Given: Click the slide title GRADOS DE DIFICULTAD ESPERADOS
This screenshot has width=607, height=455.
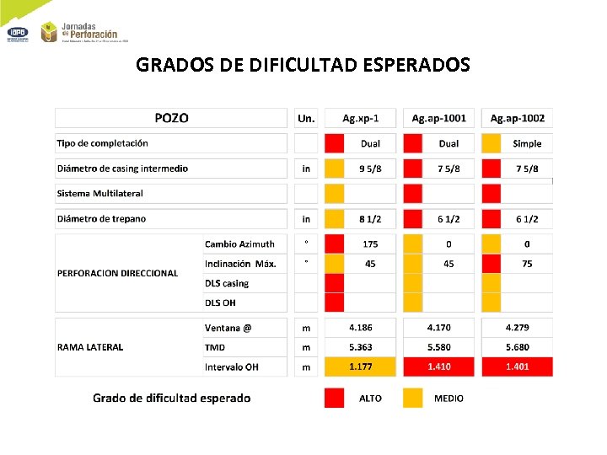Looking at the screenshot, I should point(303,65).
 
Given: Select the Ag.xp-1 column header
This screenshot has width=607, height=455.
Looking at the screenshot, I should point(359,119).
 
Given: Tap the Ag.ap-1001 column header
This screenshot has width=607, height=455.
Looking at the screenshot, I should point(438,119).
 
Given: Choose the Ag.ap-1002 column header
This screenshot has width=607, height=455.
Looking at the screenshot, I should point(518,119).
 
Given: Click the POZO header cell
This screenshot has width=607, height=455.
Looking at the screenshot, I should point(171,119).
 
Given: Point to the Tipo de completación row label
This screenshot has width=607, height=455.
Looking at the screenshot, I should point(102,143).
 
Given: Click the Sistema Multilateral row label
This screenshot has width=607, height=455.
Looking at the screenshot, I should point(99,193).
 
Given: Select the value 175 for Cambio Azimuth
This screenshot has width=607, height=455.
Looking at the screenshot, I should point(370,244).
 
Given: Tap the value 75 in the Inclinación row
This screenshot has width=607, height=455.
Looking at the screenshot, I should point(527,264).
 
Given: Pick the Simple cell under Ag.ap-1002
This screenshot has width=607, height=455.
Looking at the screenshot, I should point(527,144).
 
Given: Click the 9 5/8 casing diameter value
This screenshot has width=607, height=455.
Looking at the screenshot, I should point(370,169).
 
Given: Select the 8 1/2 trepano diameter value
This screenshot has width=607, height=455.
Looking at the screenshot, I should point(370,219).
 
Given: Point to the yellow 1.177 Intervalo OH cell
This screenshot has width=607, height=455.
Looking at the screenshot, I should point(360,367).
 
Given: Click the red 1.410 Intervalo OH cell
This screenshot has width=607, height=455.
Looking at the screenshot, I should point(438,367).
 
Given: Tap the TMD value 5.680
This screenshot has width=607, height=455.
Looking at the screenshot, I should point(518,347).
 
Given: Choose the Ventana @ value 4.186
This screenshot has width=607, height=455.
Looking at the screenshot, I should point(360,327).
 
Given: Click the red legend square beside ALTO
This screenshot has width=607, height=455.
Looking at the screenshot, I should point(335,398).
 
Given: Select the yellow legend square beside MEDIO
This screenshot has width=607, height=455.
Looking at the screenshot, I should point(412,398).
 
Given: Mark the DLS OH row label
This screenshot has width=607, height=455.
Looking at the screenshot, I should point(220,302).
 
